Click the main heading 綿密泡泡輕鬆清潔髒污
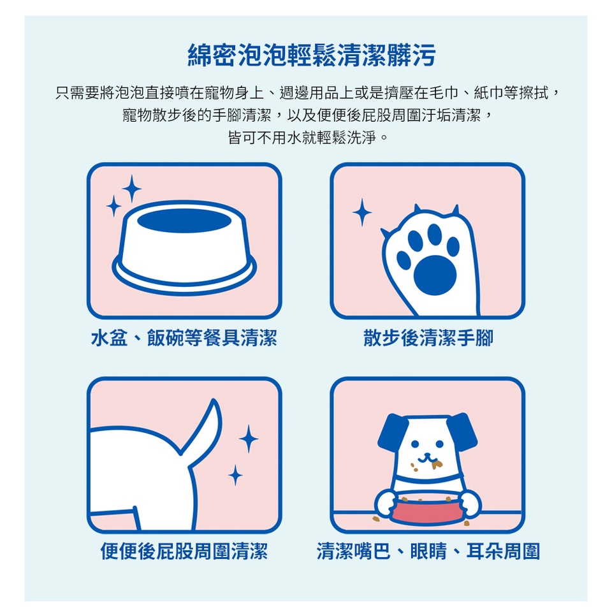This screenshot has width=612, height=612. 312,55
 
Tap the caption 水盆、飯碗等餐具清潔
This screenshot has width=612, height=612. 184,338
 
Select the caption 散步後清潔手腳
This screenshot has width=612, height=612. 428,338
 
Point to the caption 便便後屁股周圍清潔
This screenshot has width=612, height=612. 184,551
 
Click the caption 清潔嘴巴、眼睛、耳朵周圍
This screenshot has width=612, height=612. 428,551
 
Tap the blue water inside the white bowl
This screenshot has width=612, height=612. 184,221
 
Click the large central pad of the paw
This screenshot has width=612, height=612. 434,275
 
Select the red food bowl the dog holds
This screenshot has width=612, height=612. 427,509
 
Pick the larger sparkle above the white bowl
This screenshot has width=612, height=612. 131,189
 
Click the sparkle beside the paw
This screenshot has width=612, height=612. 362,212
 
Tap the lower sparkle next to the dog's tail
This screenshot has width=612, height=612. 235,476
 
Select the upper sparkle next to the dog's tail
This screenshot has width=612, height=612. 249,439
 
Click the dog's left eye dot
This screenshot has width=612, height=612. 415,444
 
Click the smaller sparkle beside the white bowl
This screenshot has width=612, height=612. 113,206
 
